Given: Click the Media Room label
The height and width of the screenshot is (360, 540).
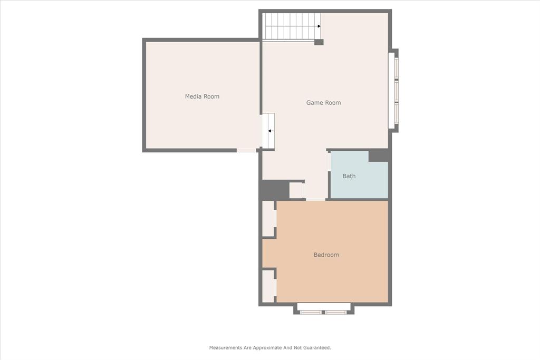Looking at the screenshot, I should (202, 96).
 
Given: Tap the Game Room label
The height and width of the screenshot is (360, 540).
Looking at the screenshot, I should (323, 103).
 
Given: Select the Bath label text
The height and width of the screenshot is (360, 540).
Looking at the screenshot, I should (349, 176).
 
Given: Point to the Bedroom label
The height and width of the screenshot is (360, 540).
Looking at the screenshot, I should (326, 255).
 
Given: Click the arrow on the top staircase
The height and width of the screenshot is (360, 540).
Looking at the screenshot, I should (319, 26).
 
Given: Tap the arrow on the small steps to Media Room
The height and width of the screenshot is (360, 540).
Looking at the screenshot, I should (269, 131).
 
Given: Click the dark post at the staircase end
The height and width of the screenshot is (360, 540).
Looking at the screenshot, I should (319, 42).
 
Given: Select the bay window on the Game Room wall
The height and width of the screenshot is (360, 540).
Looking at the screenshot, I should (393, 90).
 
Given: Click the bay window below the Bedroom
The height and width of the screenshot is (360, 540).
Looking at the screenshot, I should (323, 308).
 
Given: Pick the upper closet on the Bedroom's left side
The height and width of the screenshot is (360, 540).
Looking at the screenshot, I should (268, 219).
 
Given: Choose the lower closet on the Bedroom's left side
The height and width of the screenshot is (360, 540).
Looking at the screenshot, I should (268, 286).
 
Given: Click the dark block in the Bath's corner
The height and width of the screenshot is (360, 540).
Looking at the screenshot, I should (378, 155).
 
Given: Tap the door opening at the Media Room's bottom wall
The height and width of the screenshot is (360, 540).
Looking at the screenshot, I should (246, 150).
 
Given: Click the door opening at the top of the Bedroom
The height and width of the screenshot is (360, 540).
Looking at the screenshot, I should (316, 199).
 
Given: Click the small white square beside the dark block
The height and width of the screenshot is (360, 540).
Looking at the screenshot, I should (296, 190).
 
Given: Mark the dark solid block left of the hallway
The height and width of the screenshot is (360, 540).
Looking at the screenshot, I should (274, 189).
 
